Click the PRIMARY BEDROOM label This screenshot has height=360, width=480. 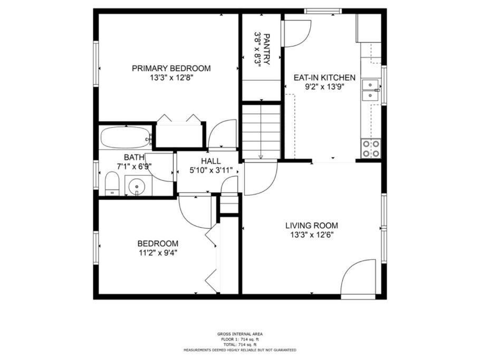tap(171, 68)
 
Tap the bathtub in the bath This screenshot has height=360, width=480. tap(126, 138)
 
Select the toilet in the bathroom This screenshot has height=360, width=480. tap(112, 183)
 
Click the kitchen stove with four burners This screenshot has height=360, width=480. tap(371, 148)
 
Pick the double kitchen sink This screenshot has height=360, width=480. tap(371, 90)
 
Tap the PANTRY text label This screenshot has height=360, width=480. tap(266, 49)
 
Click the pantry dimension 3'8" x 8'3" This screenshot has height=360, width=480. tap(257, 49)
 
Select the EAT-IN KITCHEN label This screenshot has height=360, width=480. tap(324, 77)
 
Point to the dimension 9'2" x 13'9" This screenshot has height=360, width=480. tap(324, 87)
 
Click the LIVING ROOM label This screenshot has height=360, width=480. tap(312, 226)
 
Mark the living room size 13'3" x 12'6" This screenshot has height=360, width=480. tap(312, 235)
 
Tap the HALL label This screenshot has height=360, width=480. tap(210, 161)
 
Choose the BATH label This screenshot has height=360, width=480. tap(134, 157)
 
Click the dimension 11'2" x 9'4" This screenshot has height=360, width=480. tap(158, 252)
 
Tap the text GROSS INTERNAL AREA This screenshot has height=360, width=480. tap(239, 334)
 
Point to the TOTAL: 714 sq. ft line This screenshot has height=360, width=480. tap(239, 345)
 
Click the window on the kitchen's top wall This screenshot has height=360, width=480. tap(323, 11)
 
